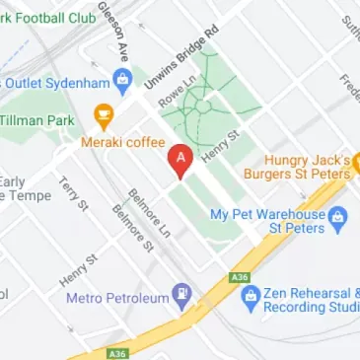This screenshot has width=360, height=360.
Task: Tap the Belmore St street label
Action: point(131,228)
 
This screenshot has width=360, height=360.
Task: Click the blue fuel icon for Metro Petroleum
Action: point(182,294)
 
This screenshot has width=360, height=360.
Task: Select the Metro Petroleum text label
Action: point(115,296)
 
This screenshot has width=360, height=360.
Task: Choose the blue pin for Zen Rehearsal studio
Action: point(250,296)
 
